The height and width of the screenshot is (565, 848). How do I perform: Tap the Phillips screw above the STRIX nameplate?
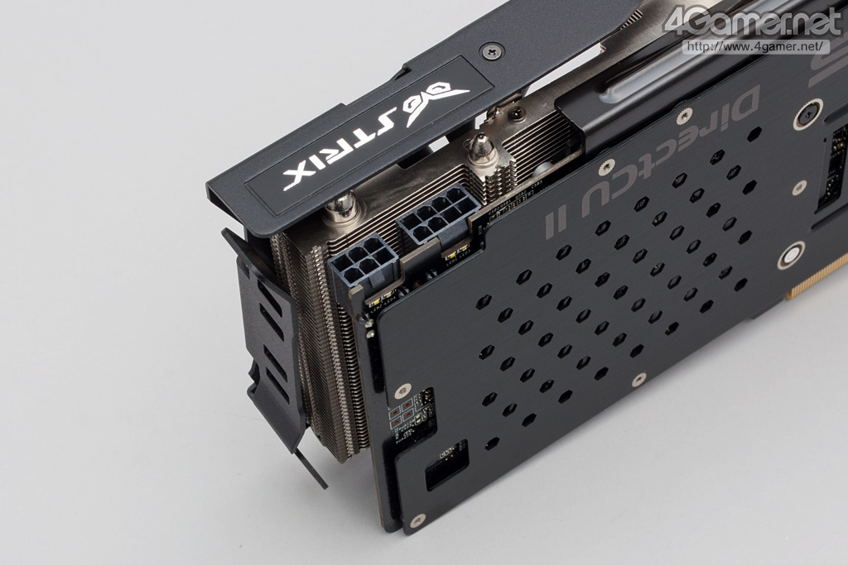[x=492, y=52]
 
